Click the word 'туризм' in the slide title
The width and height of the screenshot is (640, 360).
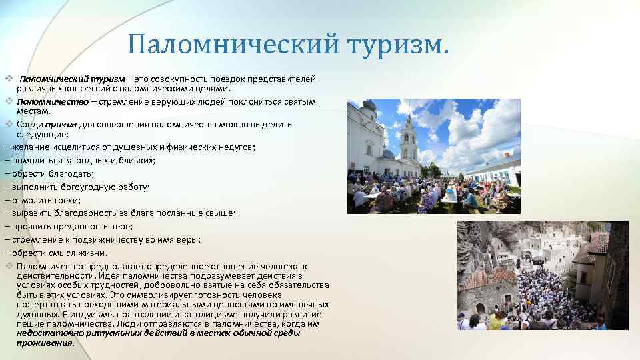[x=399, y=45]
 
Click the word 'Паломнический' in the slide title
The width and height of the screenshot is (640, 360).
[x=234, y=45]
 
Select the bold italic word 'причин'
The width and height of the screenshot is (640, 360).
[x=61, y=124]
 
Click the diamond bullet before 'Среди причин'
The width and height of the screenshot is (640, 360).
[x=9, y=124]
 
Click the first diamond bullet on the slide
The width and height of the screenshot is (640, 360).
[x=9, y=79]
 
